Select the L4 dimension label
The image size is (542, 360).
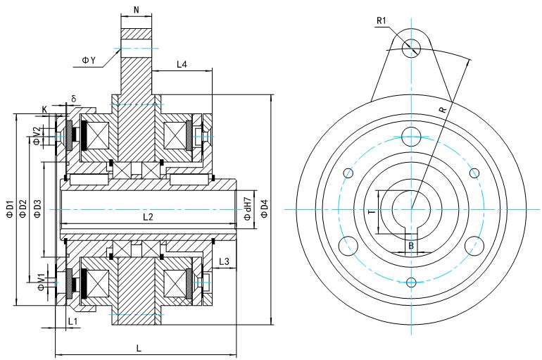click(x=181, y=64)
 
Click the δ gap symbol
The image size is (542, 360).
click(x=73, y=98)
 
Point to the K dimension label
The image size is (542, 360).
click(x=45, y=109)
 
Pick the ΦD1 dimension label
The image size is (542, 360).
click(x=10, y=209)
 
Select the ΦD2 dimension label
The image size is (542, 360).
click(x=23, y=209)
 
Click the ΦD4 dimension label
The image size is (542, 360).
click(x=264, y=209)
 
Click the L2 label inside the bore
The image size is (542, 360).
click(x=148, y=217)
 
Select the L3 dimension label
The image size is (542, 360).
click(x=224, y=261)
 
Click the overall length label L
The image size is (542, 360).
click(x=139, y=348)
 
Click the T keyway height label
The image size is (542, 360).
click(x=372, y=210)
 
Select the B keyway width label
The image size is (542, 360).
click(x=411, y=246)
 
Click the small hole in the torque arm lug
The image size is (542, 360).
click(x=412, y=47)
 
